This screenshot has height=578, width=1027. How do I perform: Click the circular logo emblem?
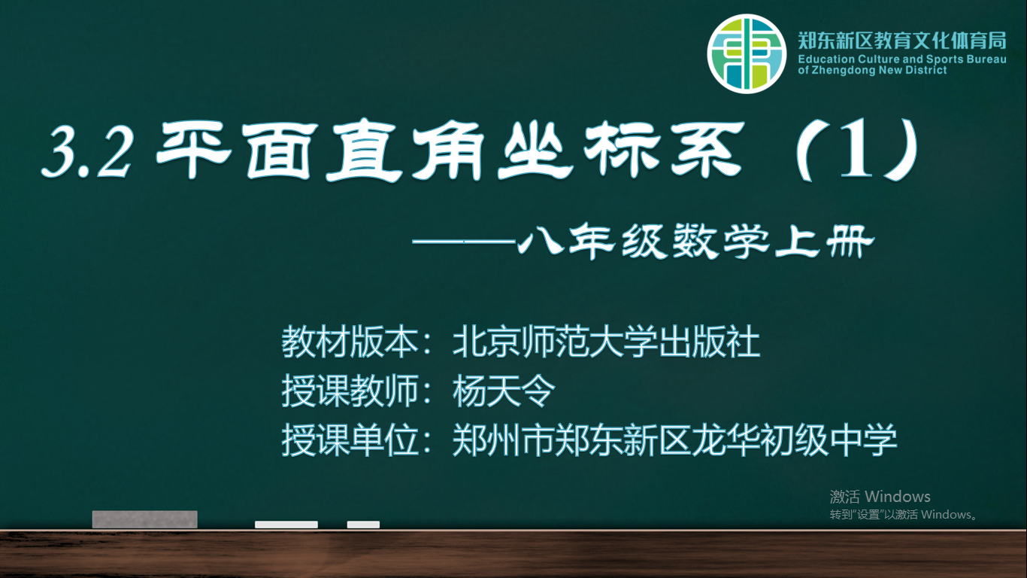coord(747,53)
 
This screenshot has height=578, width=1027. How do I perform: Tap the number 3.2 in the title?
coord(87,151)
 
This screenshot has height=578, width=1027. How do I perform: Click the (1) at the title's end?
coord(857,149)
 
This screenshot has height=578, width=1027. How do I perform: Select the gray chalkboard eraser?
coord(145,519)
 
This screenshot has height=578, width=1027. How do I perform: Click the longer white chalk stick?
coord(286,525)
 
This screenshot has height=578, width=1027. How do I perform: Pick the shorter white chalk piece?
coord(363,525)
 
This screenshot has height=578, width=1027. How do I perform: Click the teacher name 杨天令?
coord(504,391)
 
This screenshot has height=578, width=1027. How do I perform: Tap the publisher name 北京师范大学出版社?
coord(606,342)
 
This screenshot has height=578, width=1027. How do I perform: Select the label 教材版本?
coord(350,342)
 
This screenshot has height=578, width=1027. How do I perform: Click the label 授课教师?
coord(350,391)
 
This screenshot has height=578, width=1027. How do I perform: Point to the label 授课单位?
coord(350,440)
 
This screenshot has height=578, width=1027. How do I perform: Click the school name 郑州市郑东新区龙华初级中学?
coord(674,440)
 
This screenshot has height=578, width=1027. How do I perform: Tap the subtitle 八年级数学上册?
coord(696,241)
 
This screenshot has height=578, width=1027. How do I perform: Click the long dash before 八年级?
coord(465,242)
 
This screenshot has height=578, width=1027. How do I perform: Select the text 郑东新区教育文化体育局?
coord(902,41)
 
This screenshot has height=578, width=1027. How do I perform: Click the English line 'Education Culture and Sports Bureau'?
coord(902,59)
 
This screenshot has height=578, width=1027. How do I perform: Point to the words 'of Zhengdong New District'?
coord(872,70)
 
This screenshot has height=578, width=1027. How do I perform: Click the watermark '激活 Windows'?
coord(880,497)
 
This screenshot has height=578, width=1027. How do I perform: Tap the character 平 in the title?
coord(194,150)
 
